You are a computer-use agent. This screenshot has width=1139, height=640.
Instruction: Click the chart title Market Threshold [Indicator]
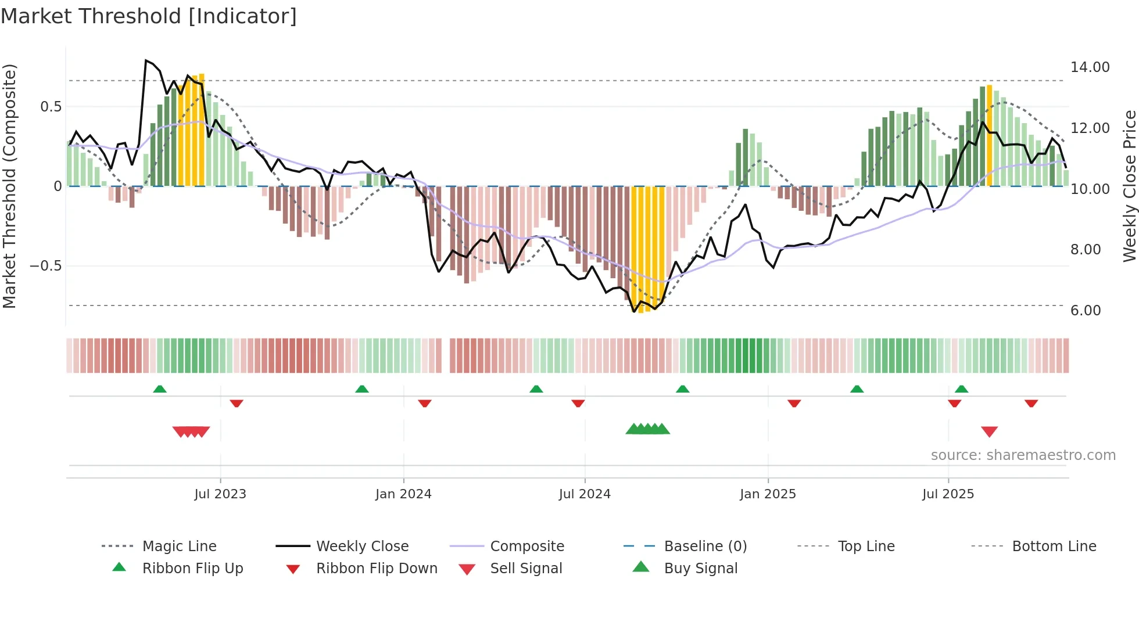tap(149, 16)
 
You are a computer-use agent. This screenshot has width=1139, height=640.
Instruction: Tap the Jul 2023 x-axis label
tap(220, 494)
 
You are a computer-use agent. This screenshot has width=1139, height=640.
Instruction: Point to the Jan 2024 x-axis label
tap(403, 494)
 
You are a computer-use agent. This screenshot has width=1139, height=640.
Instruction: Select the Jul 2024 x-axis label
tap(585, 494)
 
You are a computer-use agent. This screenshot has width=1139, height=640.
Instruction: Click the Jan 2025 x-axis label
tap(768, 494)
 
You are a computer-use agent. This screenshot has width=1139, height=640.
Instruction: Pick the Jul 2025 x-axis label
tap(948, 494)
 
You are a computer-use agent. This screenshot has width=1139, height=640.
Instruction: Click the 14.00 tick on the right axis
tap(1090, 67)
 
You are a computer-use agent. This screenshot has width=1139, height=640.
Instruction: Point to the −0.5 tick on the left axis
tap(45, 266)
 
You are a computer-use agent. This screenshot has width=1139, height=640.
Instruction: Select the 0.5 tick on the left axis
tap(51, 107)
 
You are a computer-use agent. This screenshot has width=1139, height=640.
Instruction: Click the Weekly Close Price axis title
tap(1129, 186)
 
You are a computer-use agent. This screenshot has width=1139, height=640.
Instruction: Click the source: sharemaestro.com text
tap(1023, 455)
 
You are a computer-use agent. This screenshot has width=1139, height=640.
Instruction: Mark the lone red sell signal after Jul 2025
tap(989, 432)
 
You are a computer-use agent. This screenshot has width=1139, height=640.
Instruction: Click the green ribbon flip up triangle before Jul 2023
tap(160, 389)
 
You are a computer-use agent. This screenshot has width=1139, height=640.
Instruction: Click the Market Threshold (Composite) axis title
tap(9, 186)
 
